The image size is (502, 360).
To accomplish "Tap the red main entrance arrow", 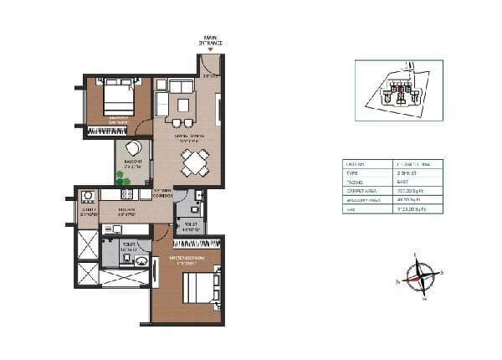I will click(209, 50).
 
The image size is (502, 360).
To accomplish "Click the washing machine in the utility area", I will click(86, 198).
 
